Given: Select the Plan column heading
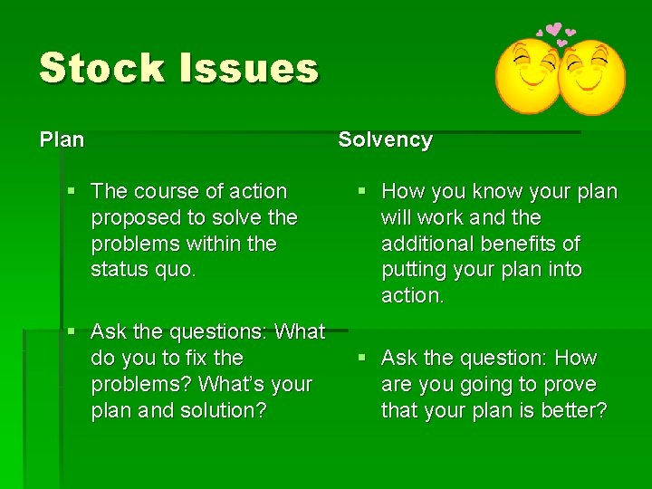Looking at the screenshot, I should [x=62, y=140].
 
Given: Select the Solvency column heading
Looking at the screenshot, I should [x=385, y=140].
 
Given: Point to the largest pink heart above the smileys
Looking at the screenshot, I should [x=553, y=31].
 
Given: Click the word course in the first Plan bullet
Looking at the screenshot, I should [x=163, y=192].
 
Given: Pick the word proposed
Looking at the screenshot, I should [x=131, y=218].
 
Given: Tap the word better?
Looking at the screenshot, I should [x=572, y=411].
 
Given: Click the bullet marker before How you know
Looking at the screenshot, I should [x=360, y=192].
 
